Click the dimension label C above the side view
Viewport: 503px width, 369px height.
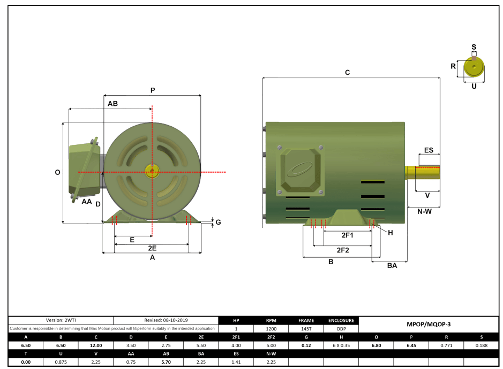pyautogui.click(x=347, y=72)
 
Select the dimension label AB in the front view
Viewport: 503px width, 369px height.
pyautogui.click(x=112, y=103)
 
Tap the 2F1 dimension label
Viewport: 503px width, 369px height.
pyautogui.click(x=347, y=235)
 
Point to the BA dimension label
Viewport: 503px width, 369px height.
pyautogui.click(x=392, y=266)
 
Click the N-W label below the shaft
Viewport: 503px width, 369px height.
pyautogui.click(x=424, y=212)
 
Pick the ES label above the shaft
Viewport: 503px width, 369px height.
pyautogui.click(x=429, y=150)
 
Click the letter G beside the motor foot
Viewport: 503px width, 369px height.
pyautogui.click(x=218, y=222)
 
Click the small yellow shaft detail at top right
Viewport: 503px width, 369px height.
pyautogui.click(x=474, y=68)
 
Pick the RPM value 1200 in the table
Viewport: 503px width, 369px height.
pyautogui.click(x=272, y=328)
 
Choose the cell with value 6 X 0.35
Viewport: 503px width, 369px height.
pyautogui.click(x=341, y=345)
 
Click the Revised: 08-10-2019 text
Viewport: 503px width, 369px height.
pyautogui.click(x=166, y=320)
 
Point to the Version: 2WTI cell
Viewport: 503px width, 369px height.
pyautogui.click(x=61, y=320)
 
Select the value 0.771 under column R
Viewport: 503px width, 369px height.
pyautogui.click(x=446, y=345)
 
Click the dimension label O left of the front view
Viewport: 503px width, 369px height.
pyautogui.click(x=57, y=172)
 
